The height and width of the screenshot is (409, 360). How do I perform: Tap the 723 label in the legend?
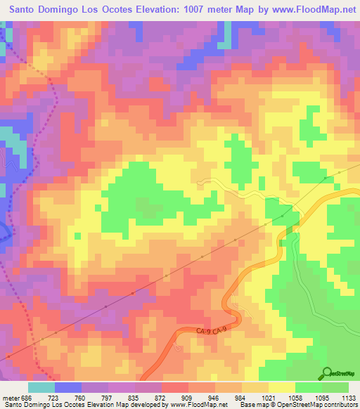[x=51, y=396]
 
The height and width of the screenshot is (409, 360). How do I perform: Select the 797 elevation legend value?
[x=104, y=396]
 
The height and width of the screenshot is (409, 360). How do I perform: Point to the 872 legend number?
[x=157, y=396]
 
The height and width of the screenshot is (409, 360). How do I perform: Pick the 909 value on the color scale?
[x=184, y=396]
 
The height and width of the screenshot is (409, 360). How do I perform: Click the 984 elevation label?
[x=238, y=396]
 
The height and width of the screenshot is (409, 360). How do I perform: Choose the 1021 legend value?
[x=264, y=396]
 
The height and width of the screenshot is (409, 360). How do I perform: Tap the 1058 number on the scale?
[x=291, y=396]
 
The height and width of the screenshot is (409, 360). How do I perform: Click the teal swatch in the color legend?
[x=41, y=387]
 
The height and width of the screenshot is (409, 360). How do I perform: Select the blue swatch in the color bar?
[x=68, y=387]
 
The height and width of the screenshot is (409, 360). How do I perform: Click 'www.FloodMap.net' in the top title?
[x=311, y=9]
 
